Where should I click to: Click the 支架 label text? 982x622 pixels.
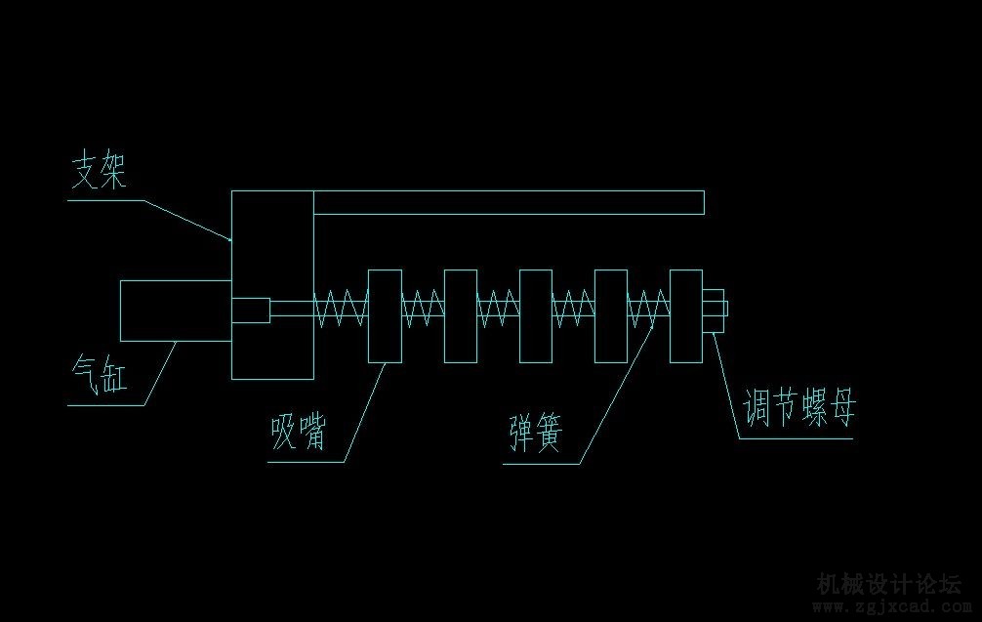[x=101, y=172]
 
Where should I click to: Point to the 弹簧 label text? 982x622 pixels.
[x=535, y=431]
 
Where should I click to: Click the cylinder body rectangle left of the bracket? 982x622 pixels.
[x=175, y=311]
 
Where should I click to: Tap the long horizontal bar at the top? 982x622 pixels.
[x=508, y=202]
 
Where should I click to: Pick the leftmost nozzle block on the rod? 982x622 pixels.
[x=384, y=315]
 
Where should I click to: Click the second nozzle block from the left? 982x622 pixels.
[x=460, y=315]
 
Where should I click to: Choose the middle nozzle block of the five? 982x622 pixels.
[x=535, y=315]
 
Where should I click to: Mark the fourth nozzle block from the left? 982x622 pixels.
[x=610, y=315]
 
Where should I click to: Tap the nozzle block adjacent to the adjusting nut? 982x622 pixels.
[x=686, y=315]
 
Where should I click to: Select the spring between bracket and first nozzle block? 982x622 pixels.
[x=340, y=310]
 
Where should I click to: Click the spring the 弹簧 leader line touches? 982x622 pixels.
[x=648, y=310]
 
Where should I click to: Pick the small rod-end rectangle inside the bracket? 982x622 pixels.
[x=251, y=311]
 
